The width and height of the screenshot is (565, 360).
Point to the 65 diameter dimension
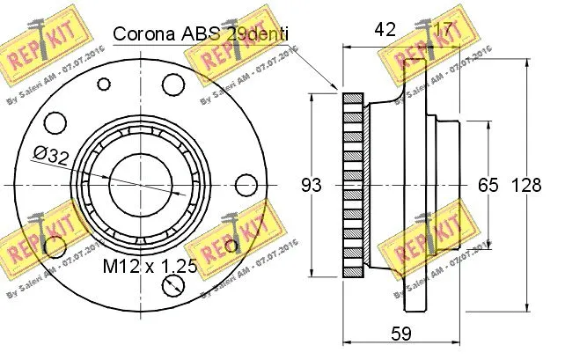488,186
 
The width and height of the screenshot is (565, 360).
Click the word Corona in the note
143,34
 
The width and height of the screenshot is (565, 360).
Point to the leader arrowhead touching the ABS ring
338,88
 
